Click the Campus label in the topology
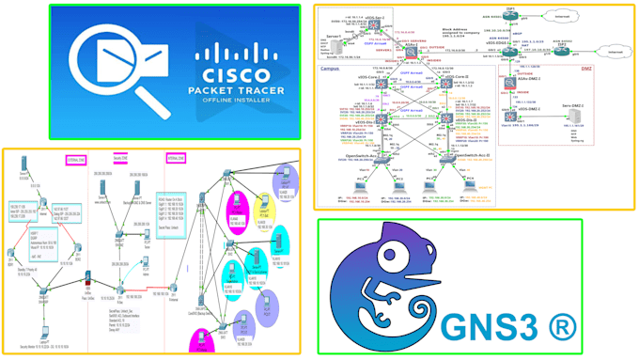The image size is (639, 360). (330, 70)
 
